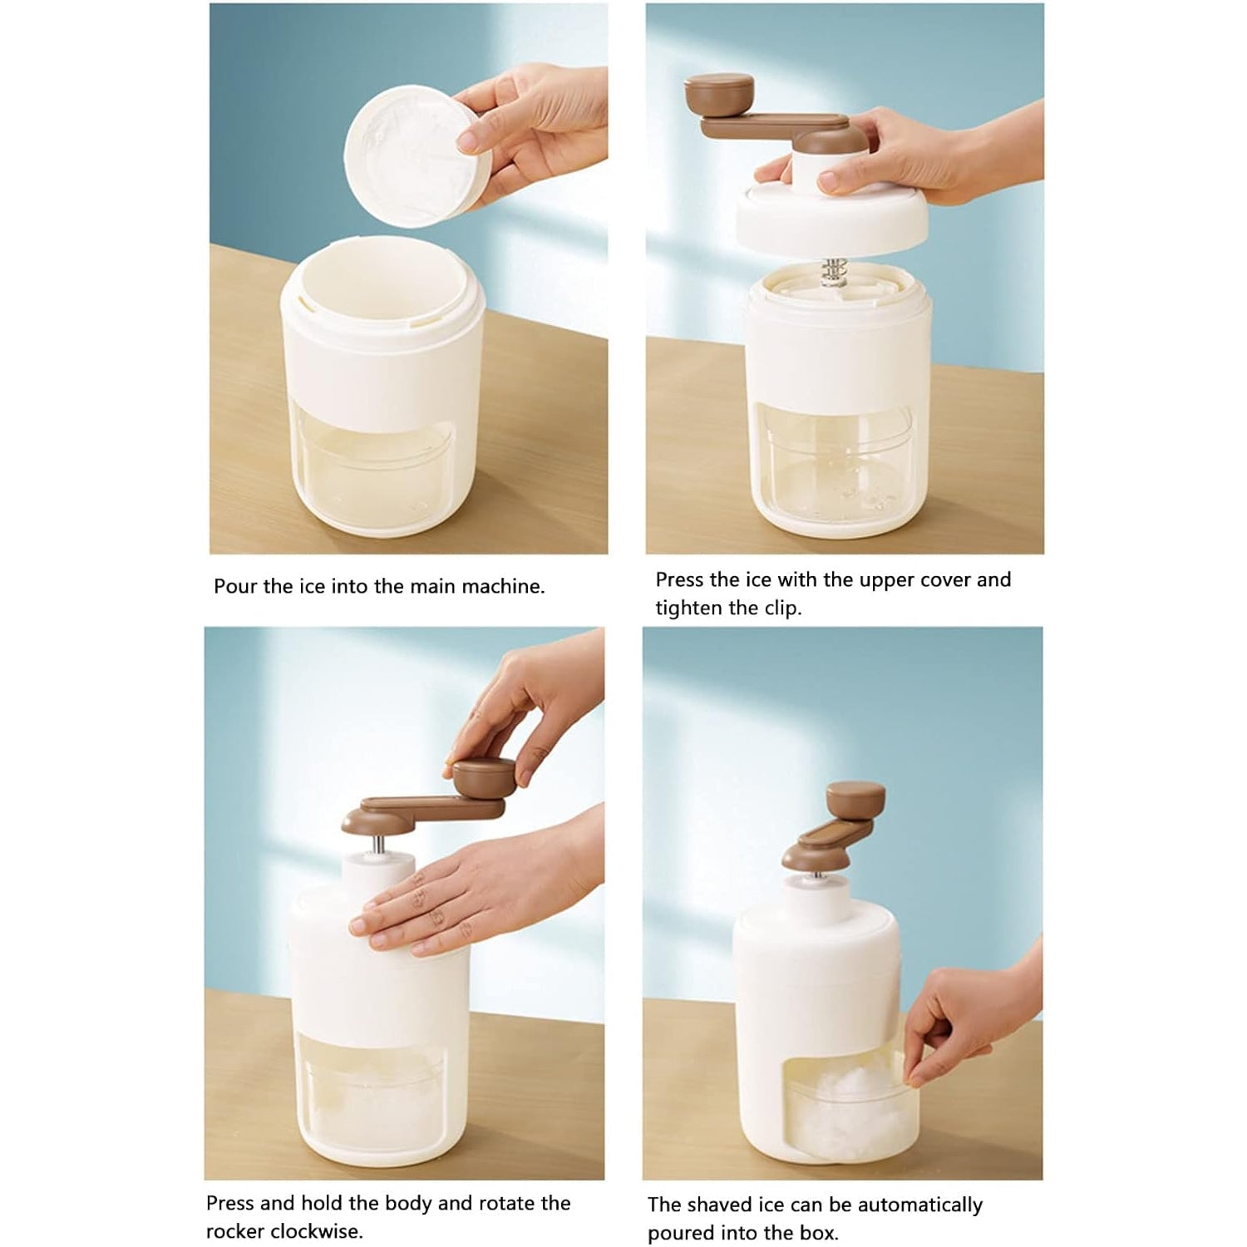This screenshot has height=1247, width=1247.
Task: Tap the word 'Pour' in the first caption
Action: pos(235,587)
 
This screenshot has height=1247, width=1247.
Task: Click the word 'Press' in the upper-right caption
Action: pos(679,580)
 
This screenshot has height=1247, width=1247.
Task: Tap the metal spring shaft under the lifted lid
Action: pos(833,273)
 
